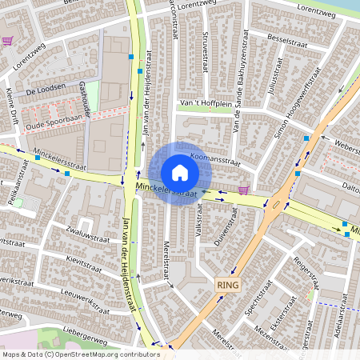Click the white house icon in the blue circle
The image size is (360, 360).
[x=180, y=172]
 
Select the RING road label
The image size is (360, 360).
[x=228, y=285]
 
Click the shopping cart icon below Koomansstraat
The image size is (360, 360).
[x=242, y=190]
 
